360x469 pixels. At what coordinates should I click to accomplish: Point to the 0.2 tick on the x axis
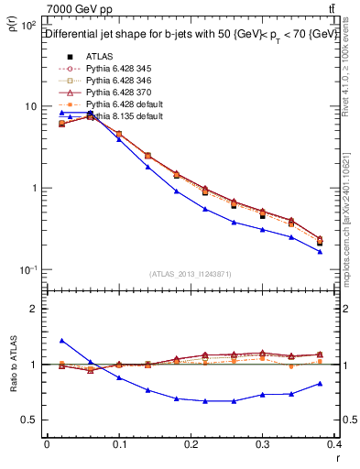coord(191,443)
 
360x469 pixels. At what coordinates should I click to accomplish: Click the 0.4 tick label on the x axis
coord(334,443)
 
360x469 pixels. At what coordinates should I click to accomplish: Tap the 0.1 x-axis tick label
coord(119,443)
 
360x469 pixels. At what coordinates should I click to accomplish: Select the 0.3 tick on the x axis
coord(263,443)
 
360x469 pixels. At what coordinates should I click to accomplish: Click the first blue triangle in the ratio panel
coord(62,340)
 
